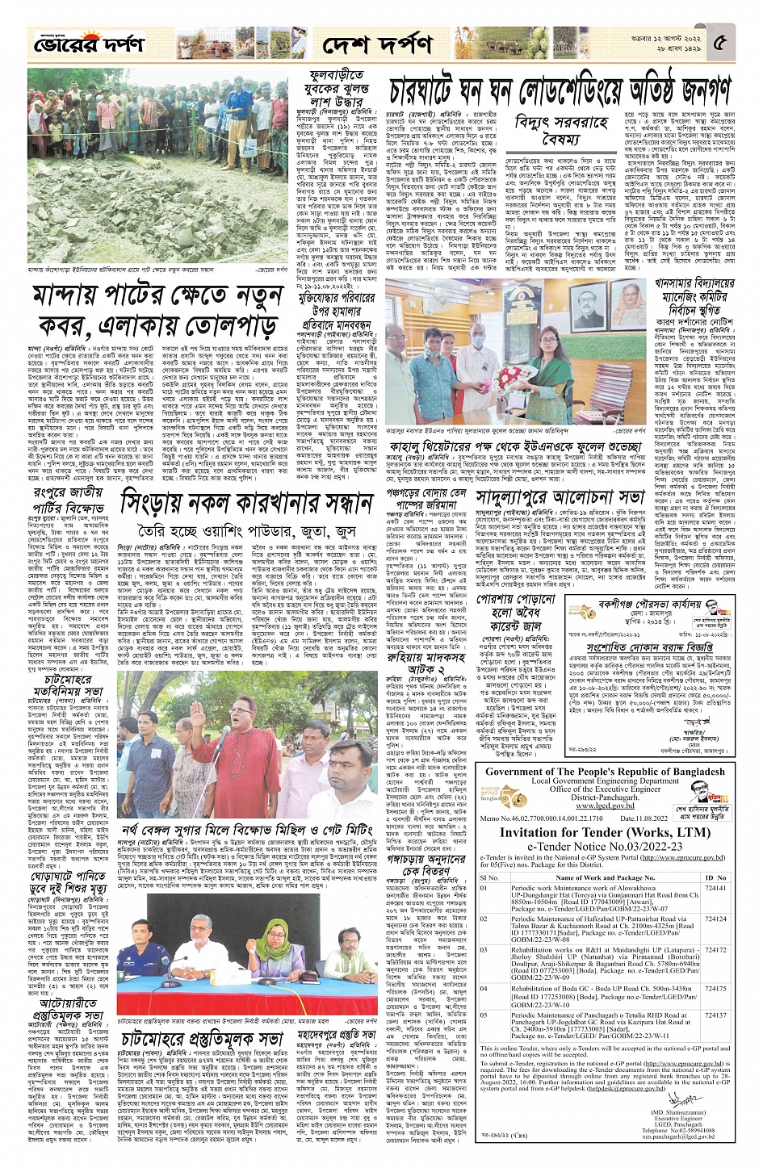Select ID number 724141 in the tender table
(715, 887)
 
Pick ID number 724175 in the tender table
(715, 988)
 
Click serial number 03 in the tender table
(484, 950)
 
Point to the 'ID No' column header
(715, 877)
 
